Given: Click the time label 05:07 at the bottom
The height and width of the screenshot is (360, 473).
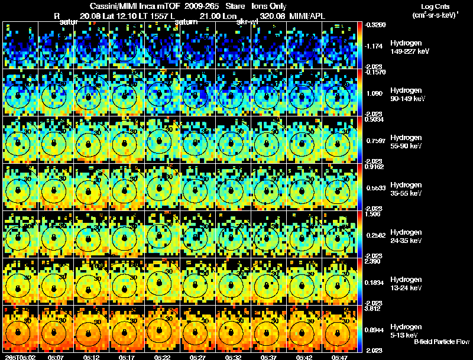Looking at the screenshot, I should [56, 357].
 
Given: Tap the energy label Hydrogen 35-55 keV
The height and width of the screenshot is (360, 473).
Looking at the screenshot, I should [407, 189].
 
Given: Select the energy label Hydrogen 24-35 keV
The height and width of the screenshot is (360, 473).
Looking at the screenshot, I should [407, 236].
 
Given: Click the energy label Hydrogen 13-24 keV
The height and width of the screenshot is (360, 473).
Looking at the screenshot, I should [407, 284].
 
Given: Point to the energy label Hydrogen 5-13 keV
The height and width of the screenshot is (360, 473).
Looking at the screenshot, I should [406, 330].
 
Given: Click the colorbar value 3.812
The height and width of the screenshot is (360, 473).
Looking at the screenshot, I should [374, 309].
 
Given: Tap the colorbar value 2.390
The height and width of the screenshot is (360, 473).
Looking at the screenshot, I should [374, 261].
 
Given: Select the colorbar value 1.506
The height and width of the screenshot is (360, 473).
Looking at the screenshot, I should [374, 214].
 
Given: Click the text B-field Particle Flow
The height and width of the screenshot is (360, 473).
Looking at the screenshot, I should [442, 342].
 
